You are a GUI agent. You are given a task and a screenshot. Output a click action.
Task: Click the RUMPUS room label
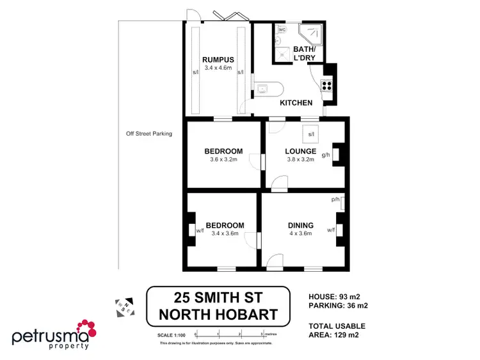click(x=215, y=59)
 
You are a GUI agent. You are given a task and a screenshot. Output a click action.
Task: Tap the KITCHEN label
click(x=296, y=102)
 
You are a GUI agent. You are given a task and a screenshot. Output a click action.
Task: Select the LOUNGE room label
click(x=300, y=152)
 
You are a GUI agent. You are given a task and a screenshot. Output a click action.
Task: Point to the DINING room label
click(x=300, y=225)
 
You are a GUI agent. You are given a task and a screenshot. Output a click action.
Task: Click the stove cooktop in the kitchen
click(x=326, y=85)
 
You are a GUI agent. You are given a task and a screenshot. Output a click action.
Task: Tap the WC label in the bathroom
click(x=282, y=30)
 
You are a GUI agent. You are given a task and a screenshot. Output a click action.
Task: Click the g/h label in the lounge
click(x=326, y=155)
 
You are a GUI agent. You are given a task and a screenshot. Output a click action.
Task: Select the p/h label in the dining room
click(x=335, y=200)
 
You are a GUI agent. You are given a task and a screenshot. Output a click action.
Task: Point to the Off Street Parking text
click(x=149, y=134)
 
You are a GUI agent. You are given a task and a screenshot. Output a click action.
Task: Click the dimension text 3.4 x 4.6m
click(x=215, y=68)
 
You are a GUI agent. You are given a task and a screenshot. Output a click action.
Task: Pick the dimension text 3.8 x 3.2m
click(x=300, y=160)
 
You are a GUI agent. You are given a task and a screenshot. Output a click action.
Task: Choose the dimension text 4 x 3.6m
click(x=300, y=233)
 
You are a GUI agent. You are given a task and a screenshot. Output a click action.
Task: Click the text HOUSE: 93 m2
click(x=333, y=296)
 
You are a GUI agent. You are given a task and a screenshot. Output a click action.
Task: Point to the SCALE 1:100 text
click(x=171, y=334)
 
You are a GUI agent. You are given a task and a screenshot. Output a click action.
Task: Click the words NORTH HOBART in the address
click(x=218, y=314)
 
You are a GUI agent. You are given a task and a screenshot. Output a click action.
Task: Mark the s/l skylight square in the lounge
click(x=311, y=134)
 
